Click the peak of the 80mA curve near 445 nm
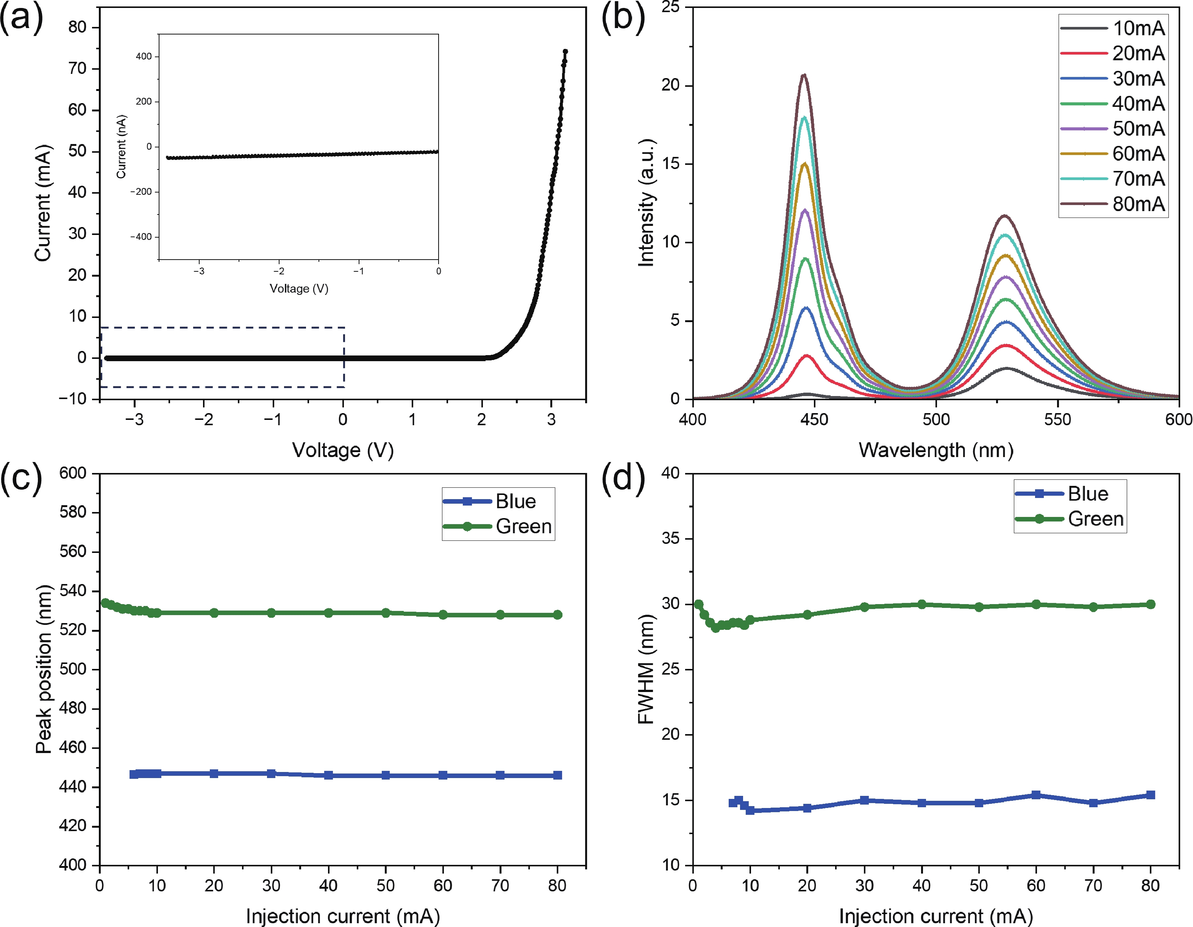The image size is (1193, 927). (804, 75)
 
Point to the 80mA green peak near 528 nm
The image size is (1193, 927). (1004, 216)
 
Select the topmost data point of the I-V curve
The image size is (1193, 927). (565, 52)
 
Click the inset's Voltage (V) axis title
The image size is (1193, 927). (299, 288)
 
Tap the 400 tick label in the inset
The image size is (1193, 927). (144, 56)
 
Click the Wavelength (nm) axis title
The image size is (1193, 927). (936, 450)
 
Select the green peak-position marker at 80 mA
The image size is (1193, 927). (557, 615)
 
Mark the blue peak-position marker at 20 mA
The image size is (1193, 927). (214, 774)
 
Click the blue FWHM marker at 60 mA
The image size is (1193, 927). (1036, 795)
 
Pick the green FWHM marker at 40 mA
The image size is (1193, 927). (921, 604)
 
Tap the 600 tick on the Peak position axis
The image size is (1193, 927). (73, 473)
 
